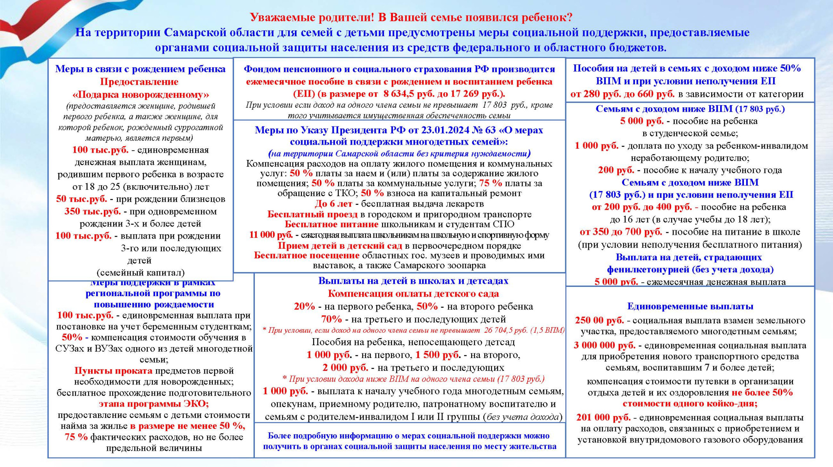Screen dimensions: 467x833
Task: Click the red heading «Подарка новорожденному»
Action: tap(140, 95)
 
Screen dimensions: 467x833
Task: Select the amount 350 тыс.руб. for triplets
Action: tap(93, 211)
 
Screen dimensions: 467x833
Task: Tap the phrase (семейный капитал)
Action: tap(140, 273)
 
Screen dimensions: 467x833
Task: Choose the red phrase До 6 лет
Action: tap(333, 204)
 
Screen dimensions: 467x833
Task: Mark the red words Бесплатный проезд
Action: tap(312, 214)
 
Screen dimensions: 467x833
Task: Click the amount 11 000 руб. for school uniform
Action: tap(271, 235)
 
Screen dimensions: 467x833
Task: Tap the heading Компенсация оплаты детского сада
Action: tap(413, 293)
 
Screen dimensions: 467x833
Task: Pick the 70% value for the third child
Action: tap(331, 319)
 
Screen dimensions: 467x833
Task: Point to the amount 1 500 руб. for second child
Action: tap(438, 355)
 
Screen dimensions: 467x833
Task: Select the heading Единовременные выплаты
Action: tap(690, 306)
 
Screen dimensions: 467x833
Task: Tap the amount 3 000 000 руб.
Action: tap(604, 345)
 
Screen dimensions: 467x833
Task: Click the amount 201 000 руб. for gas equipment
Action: tap(603, 417)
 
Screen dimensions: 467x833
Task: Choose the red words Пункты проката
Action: tap(113, 370)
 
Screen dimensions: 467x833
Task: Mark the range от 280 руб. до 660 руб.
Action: tap(622, 94)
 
